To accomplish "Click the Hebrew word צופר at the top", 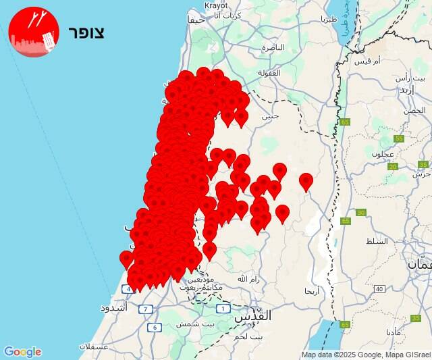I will (87, 32).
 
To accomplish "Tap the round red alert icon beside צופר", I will (34, 32).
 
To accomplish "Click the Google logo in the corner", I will (22, 352).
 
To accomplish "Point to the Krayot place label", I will (217, 5).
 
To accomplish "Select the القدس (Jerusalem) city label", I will (252, 315).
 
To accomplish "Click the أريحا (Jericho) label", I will (312, 290).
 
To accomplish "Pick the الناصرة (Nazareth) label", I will (273, 47).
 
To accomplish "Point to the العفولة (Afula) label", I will (269, 73).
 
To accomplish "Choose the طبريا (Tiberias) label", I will (329, 20).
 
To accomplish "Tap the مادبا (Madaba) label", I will (395, 332).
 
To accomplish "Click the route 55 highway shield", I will (399, 138).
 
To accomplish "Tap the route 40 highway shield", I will (379, 289).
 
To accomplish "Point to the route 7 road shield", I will (146, 309).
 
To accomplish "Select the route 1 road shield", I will (223, 309).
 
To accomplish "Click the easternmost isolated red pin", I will (306, 181).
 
